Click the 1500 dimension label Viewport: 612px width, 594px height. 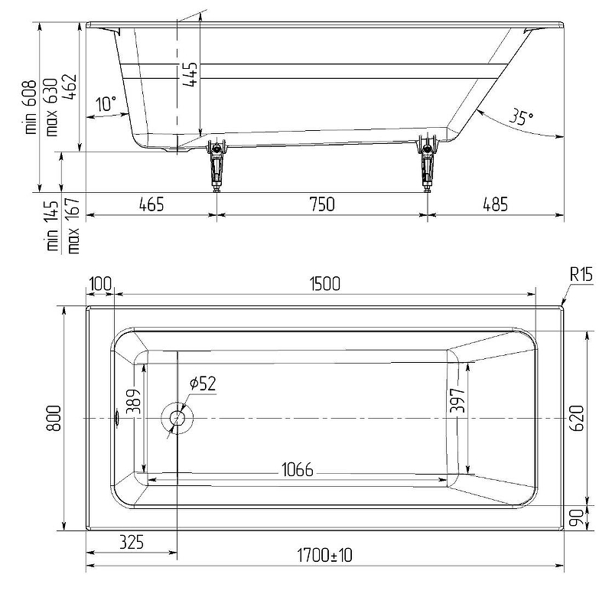pyautogui.click(x=325, y=284)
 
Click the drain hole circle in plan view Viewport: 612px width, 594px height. pyautogui.click(x=177, y=419)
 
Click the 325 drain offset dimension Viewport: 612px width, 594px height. pyautogui.click(x=132, y=542)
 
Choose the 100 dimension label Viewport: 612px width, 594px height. pyautogui.click(x=99, y=284)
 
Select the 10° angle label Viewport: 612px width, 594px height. pyautogui.click(x=106, y=103)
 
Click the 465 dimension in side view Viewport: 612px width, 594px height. pyautogui.click(x=153, y=204)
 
